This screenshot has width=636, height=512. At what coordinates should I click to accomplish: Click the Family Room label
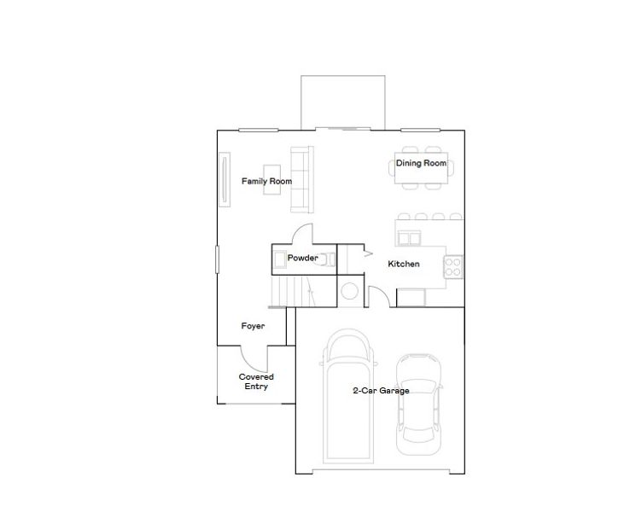click(x=266, y=181)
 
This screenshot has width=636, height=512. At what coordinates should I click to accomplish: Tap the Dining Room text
click(x=421, y=163)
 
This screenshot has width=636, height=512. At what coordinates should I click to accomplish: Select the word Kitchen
click(x=404, y=264)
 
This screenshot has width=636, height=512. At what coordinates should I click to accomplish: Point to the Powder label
click(x=302, y=258)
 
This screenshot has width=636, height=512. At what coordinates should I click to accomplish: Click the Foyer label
click(x=253, y=326)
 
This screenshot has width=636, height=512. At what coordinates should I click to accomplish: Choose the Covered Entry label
click(x=256, y=381)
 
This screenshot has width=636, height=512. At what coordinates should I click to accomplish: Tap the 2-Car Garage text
click(x=382, y=391)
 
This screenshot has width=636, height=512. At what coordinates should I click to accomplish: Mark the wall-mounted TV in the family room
click(x=225, y=178)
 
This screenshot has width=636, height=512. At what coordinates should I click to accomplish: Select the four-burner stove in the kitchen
click(x=453, y=266)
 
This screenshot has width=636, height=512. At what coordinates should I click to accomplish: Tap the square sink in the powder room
click(x=279, y=259)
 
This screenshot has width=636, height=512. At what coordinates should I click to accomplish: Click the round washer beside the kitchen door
click(x=350, y=292)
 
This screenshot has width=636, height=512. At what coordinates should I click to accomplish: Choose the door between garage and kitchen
click(x=383, y=296)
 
